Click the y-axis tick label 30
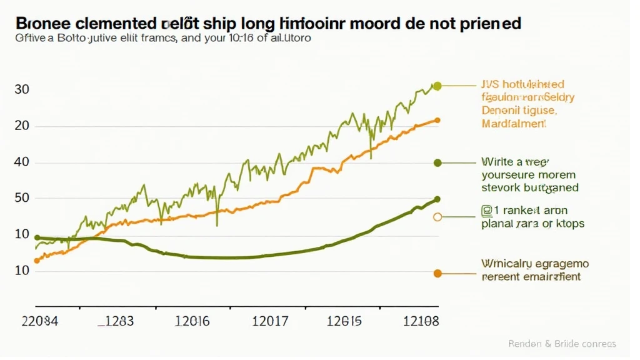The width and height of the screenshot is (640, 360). [x=22, y=89]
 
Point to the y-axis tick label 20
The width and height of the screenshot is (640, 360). [x=22, y=126]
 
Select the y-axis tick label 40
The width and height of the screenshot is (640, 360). [x=22, y=162]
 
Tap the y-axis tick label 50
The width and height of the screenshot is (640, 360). [x=22, y=199]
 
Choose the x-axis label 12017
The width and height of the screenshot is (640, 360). [x=269, y=322]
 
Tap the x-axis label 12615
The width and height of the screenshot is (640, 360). [x=344, y=322]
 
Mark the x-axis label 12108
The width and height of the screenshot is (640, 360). [x=421, y=322]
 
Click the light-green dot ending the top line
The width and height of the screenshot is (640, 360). [x=437, y=86]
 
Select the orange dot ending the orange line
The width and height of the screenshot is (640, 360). [x=437, y=120]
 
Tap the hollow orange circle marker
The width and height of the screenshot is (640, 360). [x=437, y=217]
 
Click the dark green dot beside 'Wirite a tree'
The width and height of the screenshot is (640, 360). [x=437, y=162]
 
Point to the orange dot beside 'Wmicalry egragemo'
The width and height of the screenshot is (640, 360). [x=437, y=273]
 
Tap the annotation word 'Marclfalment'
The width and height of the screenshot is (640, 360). [x=514, y=124]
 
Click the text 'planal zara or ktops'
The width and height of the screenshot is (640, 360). [x=533, y=223]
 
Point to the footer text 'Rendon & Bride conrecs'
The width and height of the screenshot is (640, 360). [x=562, y=344]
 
